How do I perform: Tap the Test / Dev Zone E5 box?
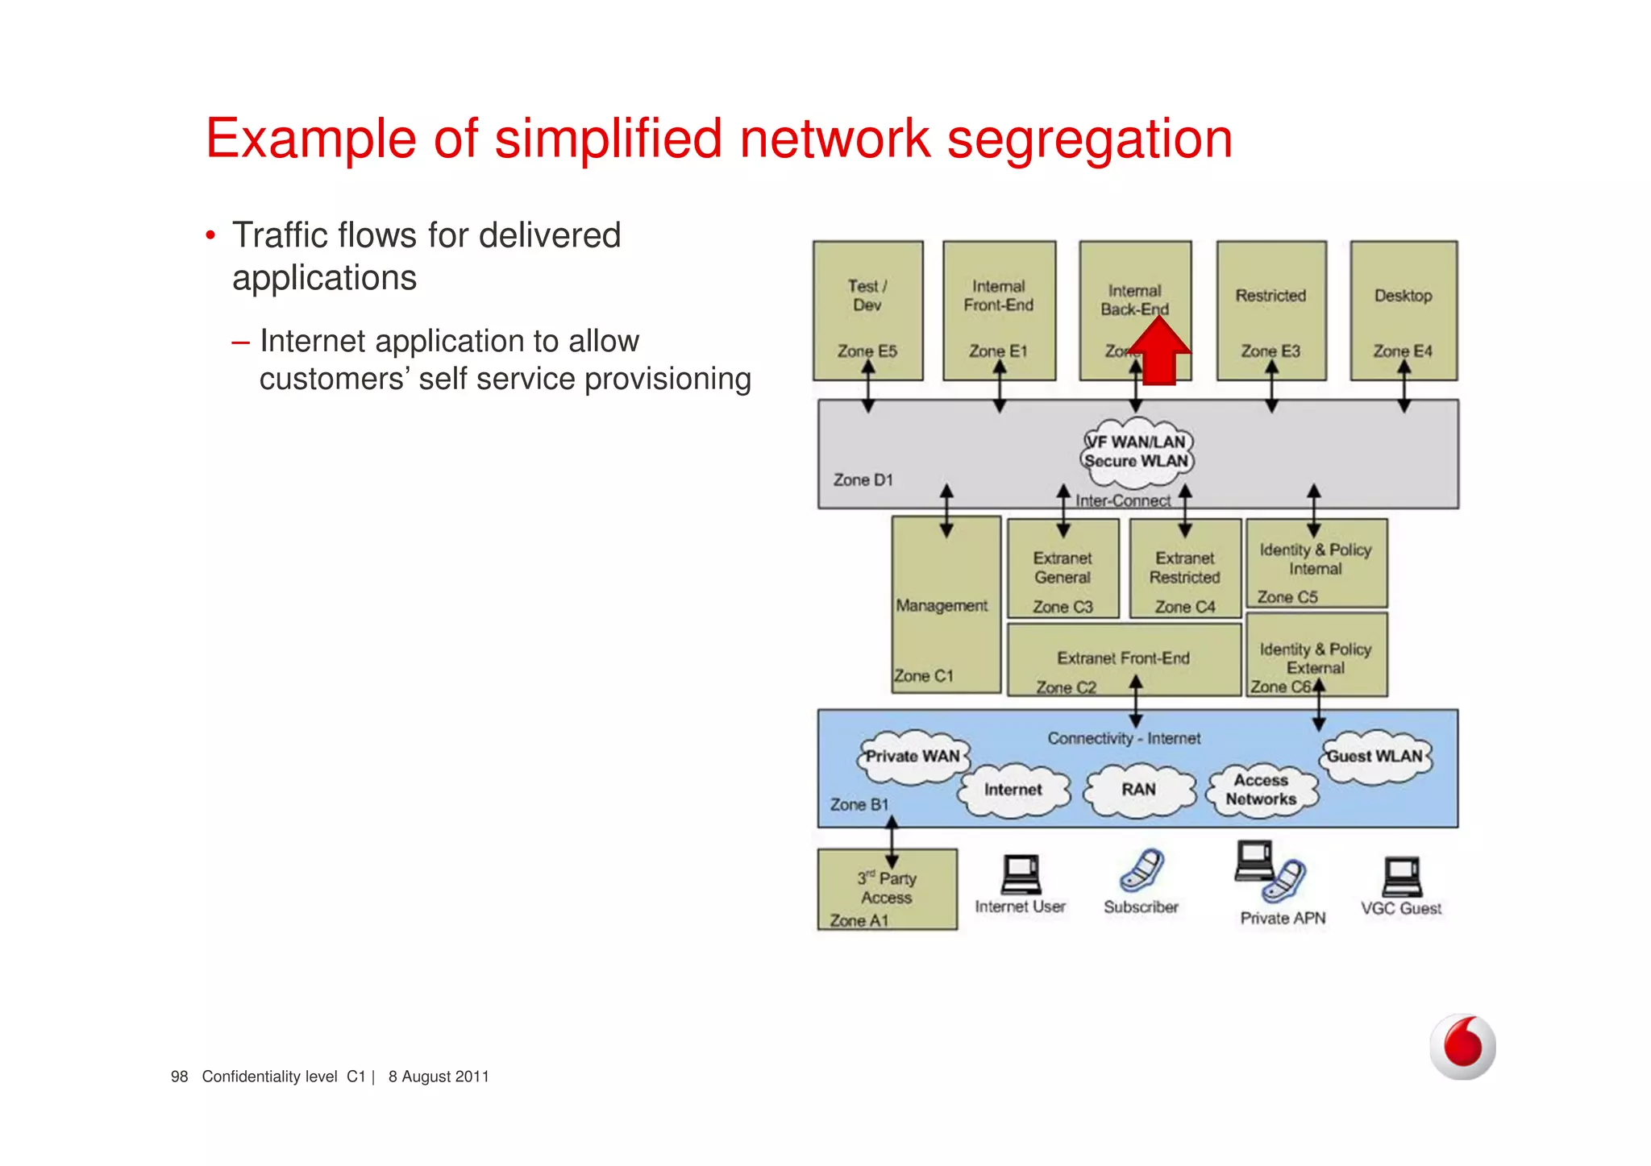coord(867,310)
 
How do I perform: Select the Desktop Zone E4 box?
coord(1404,310)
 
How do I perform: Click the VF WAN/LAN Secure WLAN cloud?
coord(1137,452)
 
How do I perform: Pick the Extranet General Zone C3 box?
coord(1063,569)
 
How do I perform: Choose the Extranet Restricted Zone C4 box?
coord(1184,569)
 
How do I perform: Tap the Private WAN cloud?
coord(912,757)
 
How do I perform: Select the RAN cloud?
coord(1138,790)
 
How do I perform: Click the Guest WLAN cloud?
coord(1375,757)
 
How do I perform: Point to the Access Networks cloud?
coord(1261,790)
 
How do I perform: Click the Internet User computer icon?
coord(1021,874)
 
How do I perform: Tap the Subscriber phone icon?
coord(1142,870)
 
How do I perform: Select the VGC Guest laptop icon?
coord(1402,877)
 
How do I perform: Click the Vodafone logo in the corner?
coord(1462,1047)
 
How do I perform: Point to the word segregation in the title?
coord(1089,139)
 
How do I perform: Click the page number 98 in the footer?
coord(179,1077)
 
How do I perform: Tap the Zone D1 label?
coord(863,480)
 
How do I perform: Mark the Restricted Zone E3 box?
coord(1270,310)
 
